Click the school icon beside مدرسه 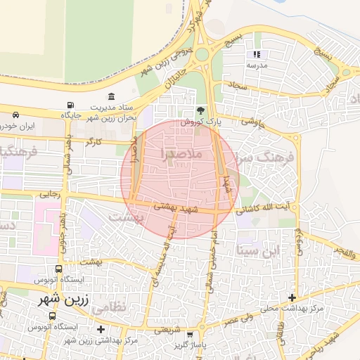[x=257, y=54]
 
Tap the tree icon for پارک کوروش [x=202, y=110]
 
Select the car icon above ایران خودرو [x=15, y=115]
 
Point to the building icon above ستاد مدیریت [x=111, y=96]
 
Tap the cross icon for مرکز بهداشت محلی [x=292, y=298]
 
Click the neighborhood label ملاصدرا [x=181, y=153]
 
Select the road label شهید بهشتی [x=176, y=209]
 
